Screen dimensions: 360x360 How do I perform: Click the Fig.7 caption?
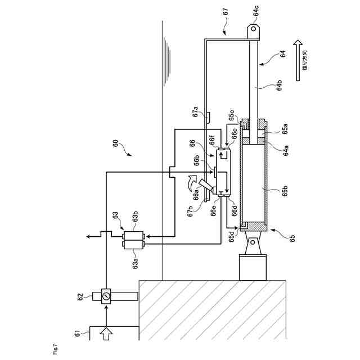click(55, 353)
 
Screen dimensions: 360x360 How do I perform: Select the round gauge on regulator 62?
click(105, 295)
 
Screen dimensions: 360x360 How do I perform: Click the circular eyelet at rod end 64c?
click(254, 29)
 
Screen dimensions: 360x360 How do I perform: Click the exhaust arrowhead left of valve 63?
click(87, 237)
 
